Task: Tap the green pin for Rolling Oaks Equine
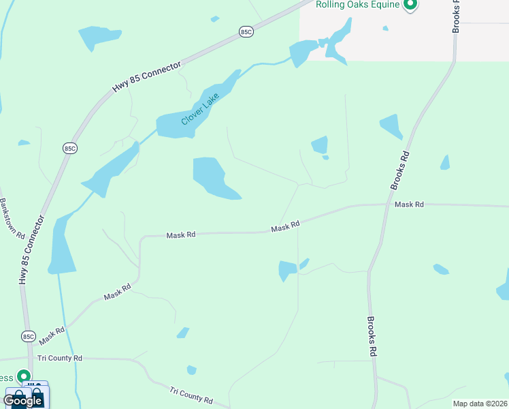click(410, 5)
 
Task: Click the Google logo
click(22, 400)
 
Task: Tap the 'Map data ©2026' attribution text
click(480, 404)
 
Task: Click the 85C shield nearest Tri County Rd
click(28, 337)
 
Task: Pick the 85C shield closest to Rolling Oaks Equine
click(246, 32)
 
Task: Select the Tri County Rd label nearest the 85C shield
click(59, 358)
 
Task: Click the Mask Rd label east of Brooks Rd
click(409, 204)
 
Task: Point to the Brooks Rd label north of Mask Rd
click(400, 170)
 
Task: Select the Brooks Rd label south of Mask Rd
click(372, 336)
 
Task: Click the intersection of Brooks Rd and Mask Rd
click(385, 204)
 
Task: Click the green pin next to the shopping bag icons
click(24, 377)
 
